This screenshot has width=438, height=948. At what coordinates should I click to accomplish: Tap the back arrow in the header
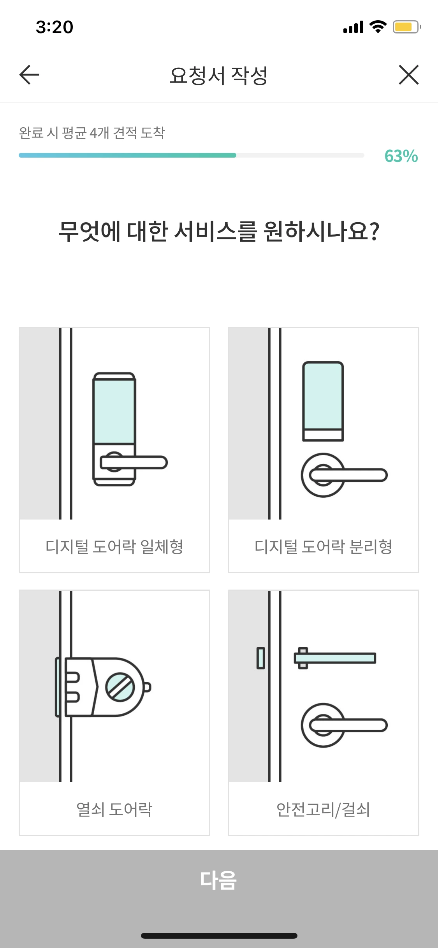click(x=29, y=75)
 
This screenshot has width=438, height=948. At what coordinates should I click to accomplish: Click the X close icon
click(x=408, y=75)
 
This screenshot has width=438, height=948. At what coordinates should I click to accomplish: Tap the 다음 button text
click(x=218, y=880)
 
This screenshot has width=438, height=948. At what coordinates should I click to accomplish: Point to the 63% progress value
click(x=401, y=156)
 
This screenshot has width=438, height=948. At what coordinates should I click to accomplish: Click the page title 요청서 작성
click(x=219, y=75)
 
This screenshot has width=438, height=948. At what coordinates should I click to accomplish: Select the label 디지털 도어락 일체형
click(x=114, y=546)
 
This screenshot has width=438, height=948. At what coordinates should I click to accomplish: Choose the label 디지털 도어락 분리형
click(x=323, y=546)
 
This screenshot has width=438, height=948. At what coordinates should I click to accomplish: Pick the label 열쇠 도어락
click(x=114, y=809)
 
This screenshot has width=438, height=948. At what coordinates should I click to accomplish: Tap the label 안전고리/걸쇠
click(x=323, y=809)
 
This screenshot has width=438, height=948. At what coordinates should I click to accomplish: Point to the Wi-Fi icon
click(x=378, y=26)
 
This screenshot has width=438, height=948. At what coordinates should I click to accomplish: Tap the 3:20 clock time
click(x=55, y=27)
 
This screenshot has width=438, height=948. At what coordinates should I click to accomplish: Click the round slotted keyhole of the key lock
click(x=120, y=687)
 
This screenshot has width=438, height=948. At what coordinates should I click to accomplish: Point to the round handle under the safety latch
click(x=323, y=725)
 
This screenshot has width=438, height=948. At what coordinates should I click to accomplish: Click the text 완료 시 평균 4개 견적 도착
click(x=92, y=133)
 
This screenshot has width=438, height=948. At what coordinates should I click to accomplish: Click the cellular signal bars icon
click(x=353, y=27)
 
